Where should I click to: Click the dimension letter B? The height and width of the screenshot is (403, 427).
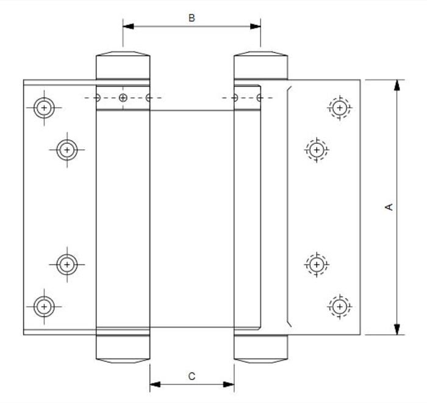point(192,18)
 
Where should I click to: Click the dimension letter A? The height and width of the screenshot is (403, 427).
point(389,207)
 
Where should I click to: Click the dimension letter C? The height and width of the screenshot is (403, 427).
point(192,376)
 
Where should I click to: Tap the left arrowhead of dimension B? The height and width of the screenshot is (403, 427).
point(128,26)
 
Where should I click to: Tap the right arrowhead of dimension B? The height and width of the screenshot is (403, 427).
point(255,26)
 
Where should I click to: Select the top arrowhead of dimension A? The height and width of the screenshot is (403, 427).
point(397,85)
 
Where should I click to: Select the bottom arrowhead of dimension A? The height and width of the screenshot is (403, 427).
point(397,329)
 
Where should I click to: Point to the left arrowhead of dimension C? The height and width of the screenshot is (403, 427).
point(155,385)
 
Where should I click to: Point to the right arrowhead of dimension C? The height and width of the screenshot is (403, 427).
point(229,385)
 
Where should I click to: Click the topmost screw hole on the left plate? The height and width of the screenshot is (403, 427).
point(44,108)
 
